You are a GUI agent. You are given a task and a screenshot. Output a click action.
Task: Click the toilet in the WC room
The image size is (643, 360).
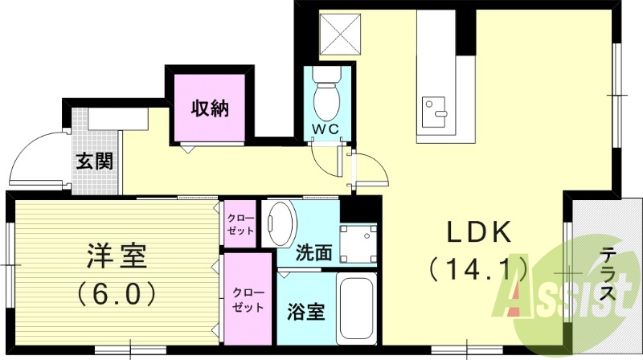tap(326, 96)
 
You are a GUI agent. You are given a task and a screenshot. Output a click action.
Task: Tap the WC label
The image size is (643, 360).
tap(326, 129)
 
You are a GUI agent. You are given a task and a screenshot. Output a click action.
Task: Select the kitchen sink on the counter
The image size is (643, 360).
tap(434, 109)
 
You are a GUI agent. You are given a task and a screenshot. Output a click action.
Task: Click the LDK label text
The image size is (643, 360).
tap(479, 232)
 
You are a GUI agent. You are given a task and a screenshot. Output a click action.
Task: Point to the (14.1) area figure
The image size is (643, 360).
tap(479, 268)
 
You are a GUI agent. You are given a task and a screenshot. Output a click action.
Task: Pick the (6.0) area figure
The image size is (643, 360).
tap(117, 293)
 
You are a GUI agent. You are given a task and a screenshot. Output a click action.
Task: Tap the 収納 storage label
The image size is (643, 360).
tap(209, 108)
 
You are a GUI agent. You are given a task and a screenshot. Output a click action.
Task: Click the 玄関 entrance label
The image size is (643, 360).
tap(95, 161)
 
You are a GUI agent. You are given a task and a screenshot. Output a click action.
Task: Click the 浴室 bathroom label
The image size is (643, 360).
tap(306, 311)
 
